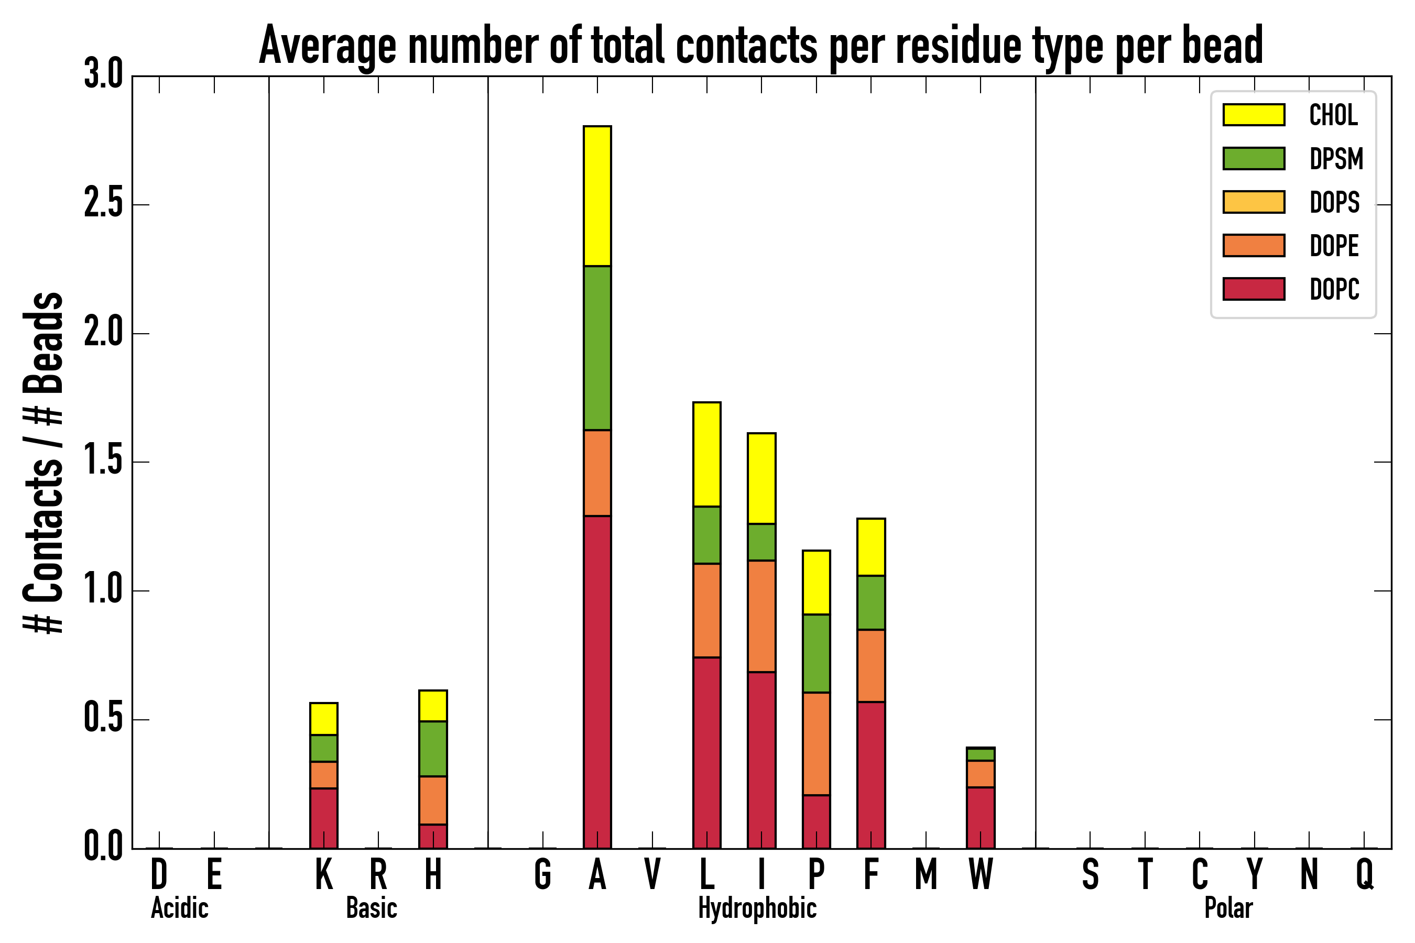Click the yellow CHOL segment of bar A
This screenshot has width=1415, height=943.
[597, 196]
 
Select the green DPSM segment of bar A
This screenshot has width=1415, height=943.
[597, 348]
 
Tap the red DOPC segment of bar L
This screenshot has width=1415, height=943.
[706, 752]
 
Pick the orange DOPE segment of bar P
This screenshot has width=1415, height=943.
[816, 743]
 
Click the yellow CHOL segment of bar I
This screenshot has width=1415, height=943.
[761, 478]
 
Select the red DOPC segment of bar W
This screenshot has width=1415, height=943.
[980, 817]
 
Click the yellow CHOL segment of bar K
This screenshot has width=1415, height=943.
[324, 718]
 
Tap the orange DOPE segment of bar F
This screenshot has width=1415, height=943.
[870, 665]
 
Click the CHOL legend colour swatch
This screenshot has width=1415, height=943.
[1254, 114]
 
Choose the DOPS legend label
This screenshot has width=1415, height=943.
[1334, 202]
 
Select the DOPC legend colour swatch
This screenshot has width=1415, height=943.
[1254, 289]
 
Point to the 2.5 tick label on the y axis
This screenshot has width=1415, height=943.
[103, 204]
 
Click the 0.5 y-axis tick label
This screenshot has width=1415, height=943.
[103, 719]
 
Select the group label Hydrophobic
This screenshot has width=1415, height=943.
[757, 907]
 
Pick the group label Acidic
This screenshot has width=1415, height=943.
[179, 907]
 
